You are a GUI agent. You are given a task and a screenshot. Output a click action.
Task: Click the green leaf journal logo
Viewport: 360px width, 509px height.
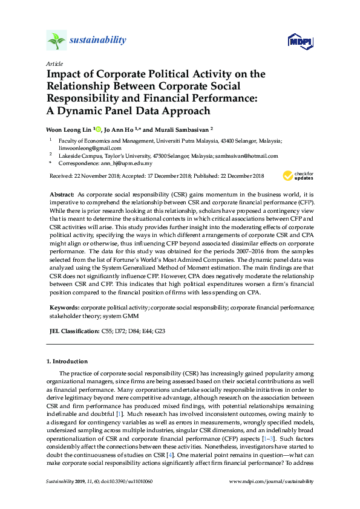(x=56, y=41)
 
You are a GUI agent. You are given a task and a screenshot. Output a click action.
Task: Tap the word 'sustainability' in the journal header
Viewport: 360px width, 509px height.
(x=97, y=41)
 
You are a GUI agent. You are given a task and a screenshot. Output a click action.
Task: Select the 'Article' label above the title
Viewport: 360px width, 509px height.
(x=54, y=63)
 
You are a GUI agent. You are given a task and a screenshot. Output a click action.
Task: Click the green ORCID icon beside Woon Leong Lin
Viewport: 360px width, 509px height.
(x=98, y=128)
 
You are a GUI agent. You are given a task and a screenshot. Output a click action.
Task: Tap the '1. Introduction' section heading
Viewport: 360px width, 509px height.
(x=67, y=361)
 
